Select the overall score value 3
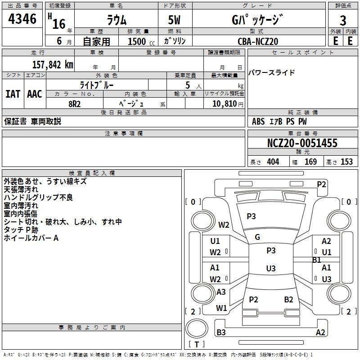343,21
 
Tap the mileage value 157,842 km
53,64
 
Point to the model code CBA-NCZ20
258,41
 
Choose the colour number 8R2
74,103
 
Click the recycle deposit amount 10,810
221,103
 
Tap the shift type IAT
13,94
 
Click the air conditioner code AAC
34,94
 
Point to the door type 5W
175,21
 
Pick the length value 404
273,162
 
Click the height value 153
346,162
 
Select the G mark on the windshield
257,237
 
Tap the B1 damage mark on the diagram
316,260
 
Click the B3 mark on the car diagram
221,333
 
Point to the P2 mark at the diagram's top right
321,184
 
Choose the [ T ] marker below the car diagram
197,344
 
